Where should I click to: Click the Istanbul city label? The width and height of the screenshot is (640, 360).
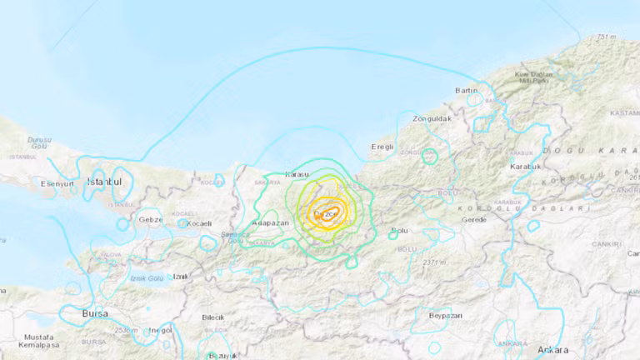106,181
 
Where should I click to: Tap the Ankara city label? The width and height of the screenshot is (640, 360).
552,349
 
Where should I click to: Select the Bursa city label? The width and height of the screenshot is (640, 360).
95,313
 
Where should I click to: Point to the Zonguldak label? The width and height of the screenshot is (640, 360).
429,119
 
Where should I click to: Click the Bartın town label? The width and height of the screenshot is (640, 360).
466,90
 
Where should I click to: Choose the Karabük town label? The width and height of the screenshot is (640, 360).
526,167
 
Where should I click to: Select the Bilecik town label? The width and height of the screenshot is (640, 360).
213,317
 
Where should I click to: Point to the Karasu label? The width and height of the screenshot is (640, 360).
297,174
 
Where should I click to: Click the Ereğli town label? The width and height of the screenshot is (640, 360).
381,147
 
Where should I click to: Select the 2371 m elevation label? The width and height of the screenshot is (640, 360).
435,262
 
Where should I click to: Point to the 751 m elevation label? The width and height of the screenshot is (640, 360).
606,37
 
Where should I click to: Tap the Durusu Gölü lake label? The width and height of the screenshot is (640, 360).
38,142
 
